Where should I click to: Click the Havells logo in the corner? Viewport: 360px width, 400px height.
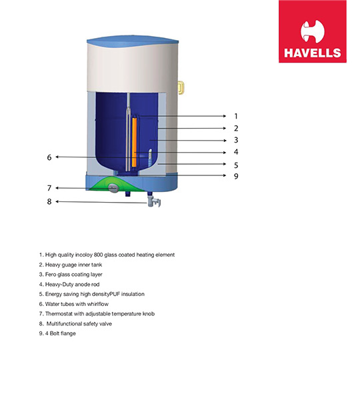[x=312, y=31]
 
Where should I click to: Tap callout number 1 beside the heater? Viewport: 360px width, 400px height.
[x=236, y=116]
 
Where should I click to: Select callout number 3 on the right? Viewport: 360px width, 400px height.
[x=236, y=140]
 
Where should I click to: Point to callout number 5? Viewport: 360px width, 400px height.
[x=236, y=165]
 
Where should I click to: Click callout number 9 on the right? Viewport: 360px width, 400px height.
[x=236, y=176]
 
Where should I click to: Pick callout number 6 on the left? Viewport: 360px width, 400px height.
[x=49, y=157]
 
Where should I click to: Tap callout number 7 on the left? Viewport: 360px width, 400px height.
[x=49, y=188]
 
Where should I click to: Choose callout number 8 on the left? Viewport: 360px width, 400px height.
[x=49, y=202]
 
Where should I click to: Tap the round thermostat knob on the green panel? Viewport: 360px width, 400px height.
[x=113, y=187]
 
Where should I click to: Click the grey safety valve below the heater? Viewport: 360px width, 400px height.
[x=154, y=201]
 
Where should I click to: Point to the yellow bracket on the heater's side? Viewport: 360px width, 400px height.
[x=181, y=87]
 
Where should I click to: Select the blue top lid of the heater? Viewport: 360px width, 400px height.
[x=133, y=41]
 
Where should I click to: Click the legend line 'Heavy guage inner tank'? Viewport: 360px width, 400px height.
[x=71, y=265]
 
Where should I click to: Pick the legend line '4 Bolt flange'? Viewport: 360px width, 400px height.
[x=57, y=333]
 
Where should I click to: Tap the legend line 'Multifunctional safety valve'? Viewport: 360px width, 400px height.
[x=75, y=324]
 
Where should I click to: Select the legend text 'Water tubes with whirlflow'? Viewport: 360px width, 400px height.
[x=74, y=304]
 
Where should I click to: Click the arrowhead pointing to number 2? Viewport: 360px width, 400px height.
[x=225, y=128]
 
